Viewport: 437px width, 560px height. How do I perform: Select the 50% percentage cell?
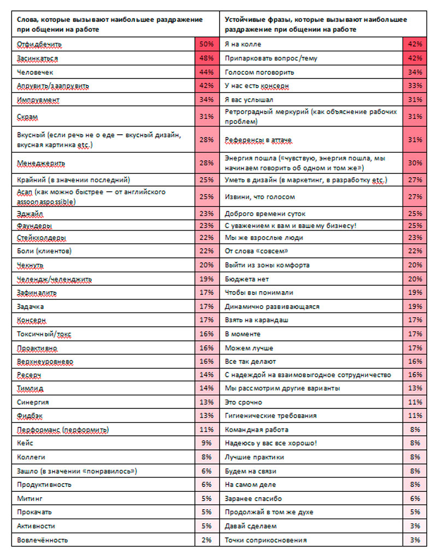pos(206,44)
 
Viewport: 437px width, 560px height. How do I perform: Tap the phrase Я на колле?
pos(243,44)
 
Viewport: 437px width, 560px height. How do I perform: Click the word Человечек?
pos(36,71)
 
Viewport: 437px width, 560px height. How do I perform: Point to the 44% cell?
pos(206,71)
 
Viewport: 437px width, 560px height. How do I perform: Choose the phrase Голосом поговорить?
pos(259,72)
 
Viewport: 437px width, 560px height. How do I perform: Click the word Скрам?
pos(27,116)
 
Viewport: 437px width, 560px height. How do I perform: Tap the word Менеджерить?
pos(42,162)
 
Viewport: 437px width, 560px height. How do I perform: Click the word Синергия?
pos(33,402)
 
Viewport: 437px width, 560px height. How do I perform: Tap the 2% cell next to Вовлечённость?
pos(206,540)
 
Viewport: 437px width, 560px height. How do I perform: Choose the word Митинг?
pos(30,498)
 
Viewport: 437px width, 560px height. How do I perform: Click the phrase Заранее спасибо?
pos(253,498)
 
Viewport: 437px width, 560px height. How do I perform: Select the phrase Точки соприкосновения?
pos(265,540)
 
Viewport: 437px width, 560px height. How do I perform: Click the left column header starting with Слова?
pos(109,24)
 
